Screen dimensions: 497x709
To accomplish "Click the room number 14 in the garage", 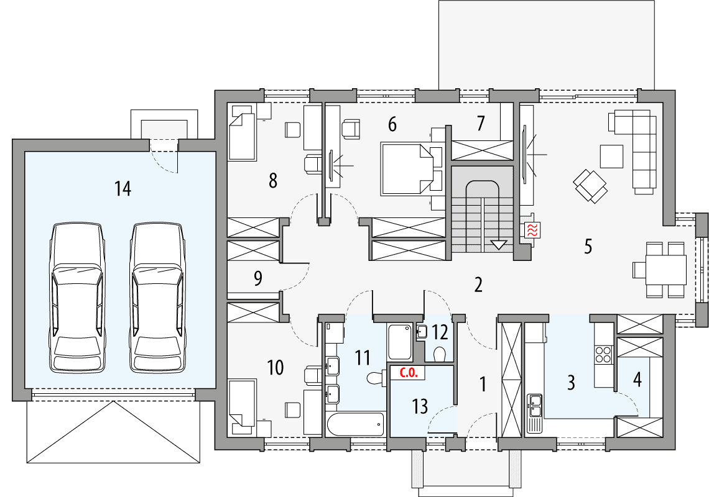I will (x=123, y=188).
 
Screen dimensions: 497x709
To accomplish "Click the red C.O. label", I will (x=407, y=373).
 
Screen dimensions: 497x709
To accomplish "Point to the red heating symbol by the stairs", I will (x=533, y=229).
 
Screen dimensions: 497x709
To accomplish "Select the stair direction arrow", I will (x=498, y=244).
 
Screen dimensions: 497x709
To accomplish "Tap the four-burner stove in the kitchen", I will (x=603, y=355).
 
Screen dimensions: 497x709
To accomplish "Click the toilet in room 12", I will (x=440, y=354).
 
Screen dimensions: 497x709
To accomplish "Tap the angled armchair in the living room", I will (x=590, y=186).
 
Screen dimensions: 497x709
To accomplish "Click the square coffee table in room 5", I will (x=611, y=156).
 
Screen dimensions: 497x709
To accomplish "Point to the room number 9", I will (x=258, y=278).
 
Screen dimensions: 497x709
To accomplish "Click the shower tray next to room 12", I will (x=400, y=342).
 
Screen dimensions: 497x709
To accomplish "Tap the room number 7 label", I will (x=480, y=124).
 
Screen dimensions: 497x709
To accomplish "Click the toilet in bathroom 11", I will (x=376, y=378).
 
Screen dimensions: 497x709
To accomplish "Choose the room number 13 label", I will (x=420, y=406).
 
